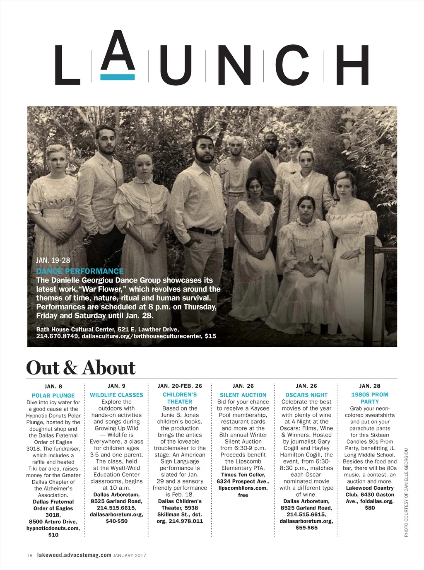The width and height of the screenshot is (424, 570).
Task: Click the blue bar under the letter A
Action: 118,77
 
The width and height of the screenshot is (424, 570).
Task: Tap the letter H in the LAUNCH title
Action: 352,65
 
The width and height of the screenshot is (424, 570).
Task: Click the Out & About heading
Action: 81,368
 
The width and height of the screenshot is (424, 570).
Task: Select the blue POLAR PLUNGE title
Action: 53,396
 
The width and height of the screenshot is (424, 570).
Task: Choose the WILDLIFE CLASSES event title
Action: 116,395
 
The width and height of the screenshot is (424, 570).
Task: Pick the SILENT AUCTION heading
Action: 243,395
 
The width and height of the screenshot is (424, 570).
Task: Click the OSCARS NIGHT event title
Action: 306,395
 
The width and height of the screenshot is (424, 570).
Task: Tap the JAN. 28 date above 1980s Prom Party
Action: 370,386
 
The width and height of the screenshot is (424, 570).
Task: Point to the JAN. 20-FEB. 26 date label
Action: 180,386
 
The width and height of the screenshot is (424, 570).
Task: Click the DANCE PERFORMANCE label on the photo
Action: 80,271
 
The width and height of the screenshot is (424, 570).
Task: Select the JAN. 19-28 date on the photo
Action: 53,261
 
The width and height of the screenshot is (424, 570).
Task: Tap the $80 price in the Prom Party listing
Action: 370,508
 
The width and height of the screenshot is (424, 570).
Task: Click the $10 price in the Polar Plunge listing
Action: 53,535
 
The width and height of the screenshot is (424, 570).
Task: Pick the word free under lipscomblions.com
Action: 243,495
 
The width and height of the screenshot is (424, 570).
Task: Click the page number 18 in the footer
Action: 29,556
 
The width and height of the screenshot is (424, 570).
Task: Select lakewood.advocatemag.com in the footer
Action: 74,555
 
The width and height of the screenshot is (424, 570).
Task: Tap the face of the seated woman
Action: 306,206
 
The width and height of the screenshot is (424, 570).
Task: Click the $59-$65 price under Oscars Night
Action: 306,528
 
